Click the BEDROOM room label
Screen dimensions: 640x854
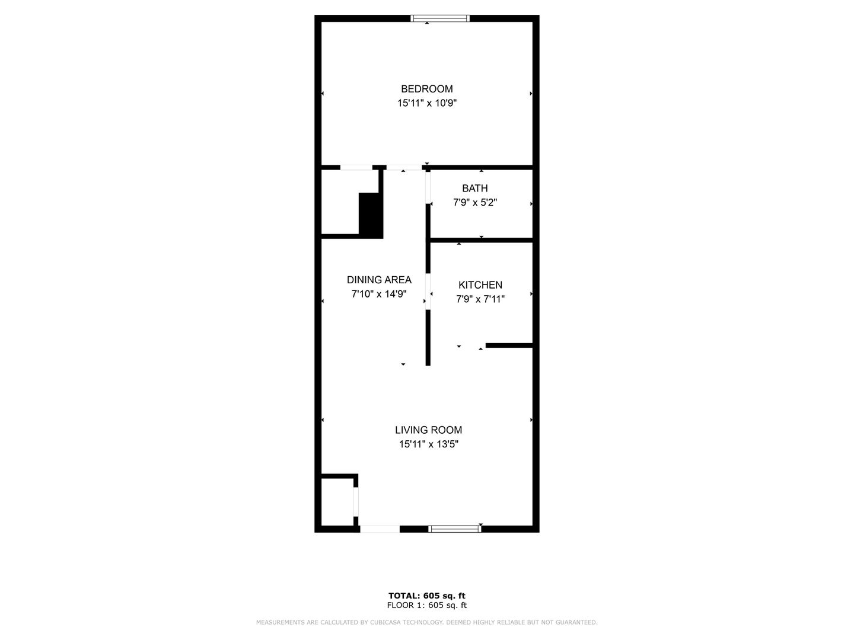pyautogui.click(x=426, y=89)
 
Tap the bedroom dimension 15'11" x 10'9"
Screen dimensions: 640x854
pyautogui.click(x=426, y=103)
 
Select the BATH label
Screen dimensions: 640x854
pyautogui.click(x=474, y=188)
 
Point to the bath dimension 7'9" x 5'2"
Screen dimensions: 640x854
pyautogui.click(x=474, y=203)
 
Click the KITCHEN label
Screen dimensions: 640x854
pyautogui.click(x=480, y=285)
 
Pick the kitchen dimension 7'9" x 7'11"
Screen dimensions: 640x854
pyautogui.click(x=480, y=299)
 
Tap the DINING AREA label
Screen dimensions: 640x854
pyautogui.click(x=379, y=280)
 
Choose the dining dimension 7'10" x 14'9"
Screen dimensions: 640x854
pyautogui.click(x=378, y=294)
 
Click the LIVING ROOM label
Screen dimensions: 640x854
pyautogui.click(x=428, y=430)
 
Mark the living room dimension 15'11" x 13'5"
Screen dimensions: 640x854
pyautogui.click(x=428, y=444)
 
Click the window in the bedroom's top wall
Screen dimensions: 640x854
pyautogui.click(x=439, y=18)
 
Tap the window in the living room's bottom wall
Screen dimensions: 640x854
pyautogui.click(x=454, y=529)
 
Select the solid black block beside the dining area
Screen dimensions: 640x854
pyautogui.click(x=371, y=215)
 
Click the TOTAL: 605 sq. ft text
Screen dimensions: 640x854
pyautogui.click(x=426, y=596)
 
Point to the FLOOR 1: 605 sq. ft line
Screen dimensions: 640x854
pyautogui.click(x=426, y=605)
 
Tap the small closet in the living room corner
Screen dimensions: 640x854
pyautogui.click(x=337, y=501)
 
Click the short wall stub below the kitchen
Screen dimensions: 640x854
pyautogui.click(x=509, y=345)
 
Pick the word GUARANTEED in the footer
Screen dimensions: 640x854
pyautogui.click(x=578, y=622)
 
